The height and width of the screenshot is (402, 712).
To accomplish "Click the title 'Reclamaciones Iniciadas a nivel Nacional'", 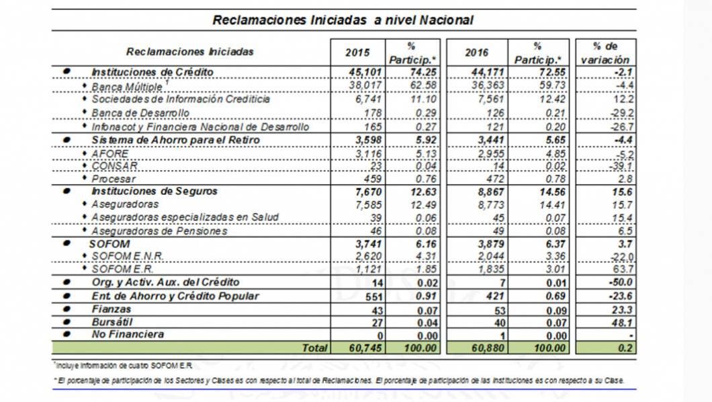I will [x=343, y=20].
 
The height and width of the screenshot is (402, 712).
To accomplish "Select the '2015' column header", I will [x=357, y=52].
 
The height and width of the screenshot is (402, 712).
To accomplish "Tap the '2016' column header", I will [x=476, y=52].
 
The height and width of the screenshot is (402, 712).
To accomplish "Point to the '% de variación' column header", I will [x=605, y=52].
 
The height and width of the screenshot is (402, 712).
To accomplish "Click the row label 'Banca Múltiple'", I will [x=127, y=86].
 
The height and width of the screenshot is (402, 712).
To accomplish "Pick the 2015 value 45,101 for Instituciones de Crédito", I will [x=365, y=72].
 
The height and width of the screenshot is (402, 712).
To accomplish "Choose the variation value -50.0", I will [x=621, y=282].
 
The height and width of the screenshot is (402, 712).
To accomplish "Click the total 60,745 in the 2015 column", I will [x=365, y=348].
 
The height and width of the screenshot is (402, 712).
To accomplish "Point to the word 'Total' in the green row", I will [x=314, y=348].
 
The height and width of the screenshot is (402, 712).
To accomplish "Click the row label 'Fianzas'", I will [x=110, y=309].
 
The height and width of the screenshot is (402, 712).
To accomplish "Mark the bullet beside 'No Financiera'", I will [x=66, y=334].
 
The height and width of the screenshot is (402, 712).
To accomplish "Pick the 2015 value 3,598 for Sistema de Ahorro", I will [x=367, y=138].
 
